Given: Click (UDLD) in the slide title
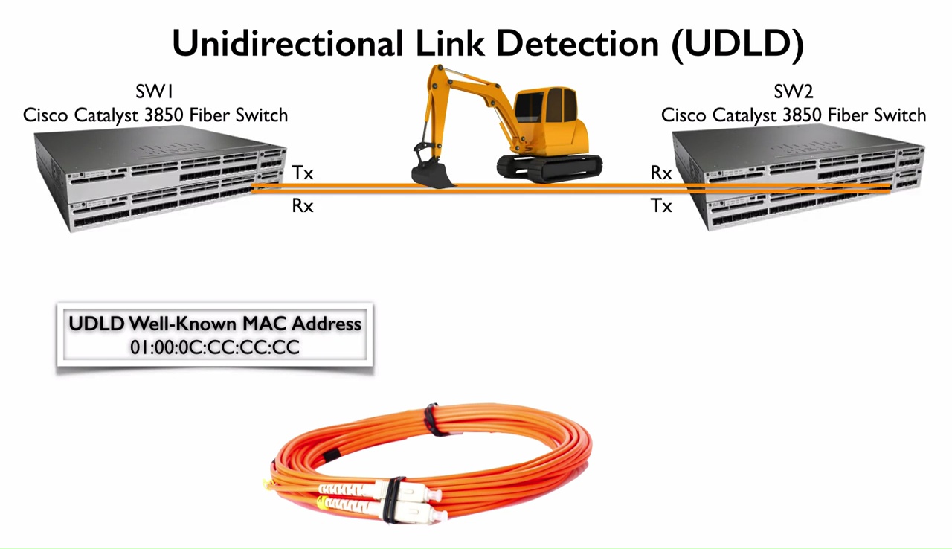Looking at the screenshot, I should (737, 44).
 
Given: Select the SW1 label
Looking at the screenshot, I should (155, 92).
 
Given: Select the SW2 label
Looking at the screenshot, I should (794, 92).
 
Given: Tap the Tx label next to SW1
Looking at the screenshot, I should (303, 173).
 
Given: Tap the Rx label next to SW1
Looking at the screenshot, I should (303, 206).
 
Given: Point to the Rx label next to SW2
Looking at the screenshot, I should (661, 173).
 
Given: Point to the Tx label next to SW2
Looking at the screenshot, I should (661, 206).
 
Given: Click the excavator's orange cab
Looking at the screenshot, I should (550, 119).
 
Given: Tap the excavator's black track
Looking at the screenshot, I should (550, 168).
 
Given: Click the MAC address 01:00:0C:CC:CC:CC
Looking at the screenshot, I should (215, 347).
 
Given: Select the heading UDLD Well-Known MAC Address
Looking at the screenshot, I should (215, 324).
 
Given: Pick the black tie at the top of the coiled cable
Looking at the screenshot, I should (431, 420).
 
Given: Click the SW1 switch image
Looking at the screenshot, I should (160, 179).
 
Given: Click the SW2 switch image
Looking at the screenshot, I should (800, 179).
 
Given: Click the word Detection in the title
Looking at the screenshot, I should (577, 44).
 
